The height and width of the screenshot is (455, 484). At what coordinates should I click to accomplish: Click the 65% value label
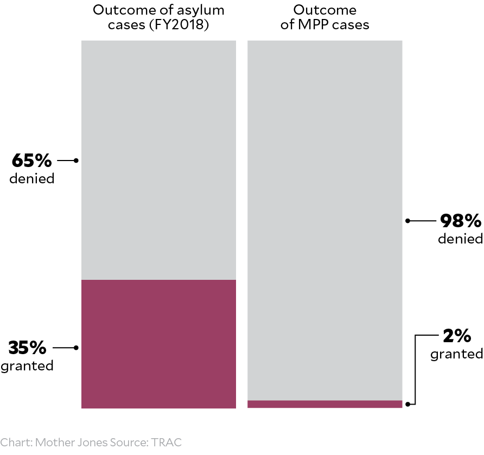coord(32,161)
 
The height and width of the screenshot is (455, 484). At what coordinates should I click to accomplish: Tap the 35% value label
coord(28,347)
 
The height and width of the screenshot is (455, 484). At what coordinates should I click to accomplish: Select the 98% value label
coord(461,221)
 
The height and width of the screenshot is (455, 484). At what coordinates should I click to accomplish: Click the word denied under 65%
coord(32,178)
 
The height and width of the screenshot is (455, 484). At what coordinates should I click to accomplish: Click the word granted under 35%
coord(27,366)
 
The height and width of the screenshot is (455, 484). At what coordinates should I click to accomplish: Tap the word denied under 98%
coord(461,239)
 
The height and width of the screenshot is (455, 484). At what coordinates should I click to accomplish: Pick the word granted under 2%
coord(457,354)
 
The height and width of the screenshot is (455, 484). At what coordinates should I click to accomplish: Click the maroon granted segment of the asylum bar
coord(158,344)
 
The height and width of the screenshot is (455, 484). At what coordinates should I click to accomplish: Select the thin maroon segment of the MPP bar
coord(324,404)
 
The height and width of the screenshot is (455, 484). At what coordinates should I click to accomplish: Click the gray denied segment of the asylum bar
coord(158,160)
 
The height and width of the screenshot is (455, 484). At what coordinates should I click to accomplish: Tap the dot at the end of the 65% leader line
coord(76,161)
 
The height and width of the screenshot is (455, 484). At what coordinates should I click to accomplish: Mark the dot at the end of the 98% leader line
coord(408,221)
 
